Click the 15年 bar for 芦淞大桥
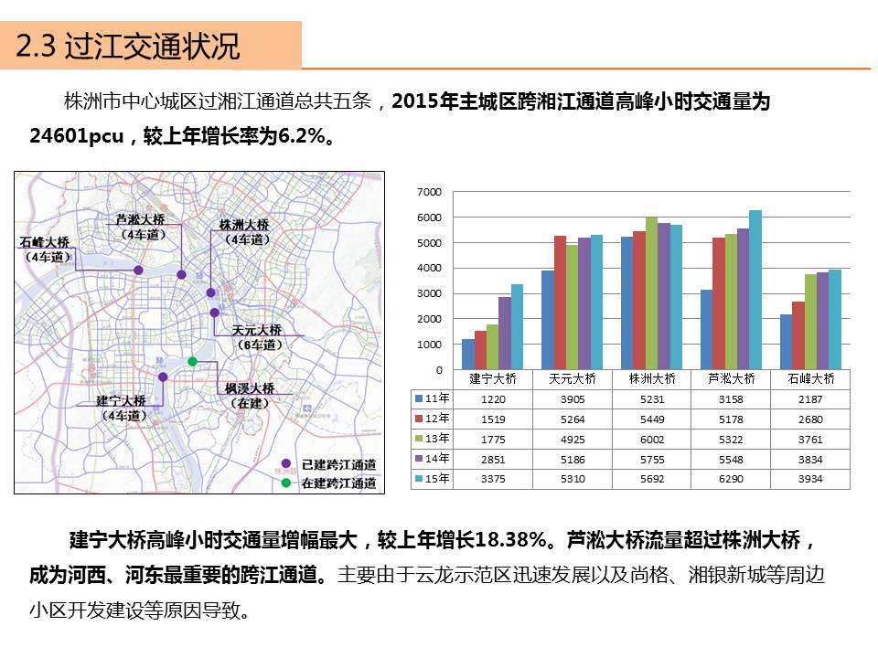tap(755, 290)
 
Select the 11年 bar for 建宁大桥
tap(468, 354)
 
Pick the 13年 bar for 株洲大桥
tap(651, 292)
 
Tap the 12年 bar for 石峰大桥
tap(798, 334)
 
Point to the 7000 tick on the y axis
tap(429, 192)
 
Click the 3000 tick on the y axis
tap(429, 294)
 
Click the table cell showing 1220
tap(493, 399)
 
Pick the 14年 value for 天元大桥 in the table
tap(573, 459)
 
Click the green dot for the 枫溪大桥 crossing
tap(192, 362)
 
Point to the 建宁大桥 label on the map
tap(122, 401)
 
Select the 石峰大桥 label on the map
tap(44, 242)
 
